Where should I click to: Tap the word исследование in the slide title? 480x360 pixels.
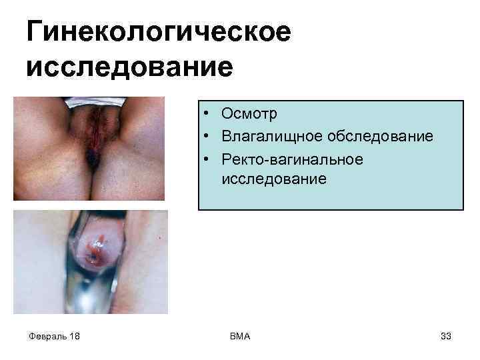tap(130, 67)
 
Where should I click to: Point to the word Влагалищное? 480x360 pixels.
tap(271, 136)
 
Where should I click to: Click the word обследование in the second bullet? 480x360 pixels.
tap(380, 136)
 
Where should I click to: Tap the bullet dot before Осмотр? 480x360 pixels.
tap(209, 115)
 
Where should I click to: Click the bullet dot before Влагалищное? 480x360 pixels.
tap(209, 137)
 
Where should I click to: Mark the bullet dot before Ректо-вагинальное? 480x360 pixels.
tap(209, 159)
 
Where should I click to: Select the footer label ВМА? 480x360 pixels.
tap(239, 336)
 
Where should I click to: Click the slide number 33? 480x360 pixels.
tap(445, 336)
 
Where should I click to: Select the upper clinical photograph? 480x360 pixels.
tap(89, 148)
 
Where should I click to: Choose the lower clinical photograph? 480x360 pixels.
tap(91, 261)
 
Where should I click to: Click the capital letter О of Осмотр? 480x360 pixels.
tap(229, 114)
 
